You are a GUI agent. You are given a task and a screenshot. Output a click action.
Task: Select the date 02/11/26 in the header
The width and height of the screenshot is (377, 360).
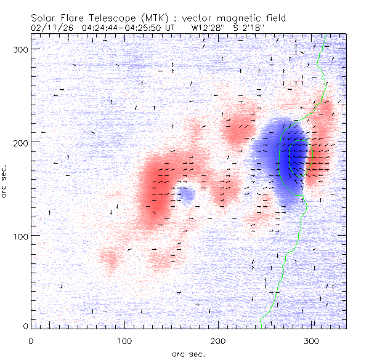[x=50, y=28]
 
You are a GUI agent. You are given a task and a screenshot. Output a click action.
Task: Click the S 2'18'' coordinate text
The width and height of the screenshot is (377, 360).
[x=250, y=28]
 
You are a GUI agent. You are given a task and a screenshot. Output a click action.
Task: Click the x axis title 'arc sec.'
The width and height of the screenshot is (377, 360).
[x=188, y=353]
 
